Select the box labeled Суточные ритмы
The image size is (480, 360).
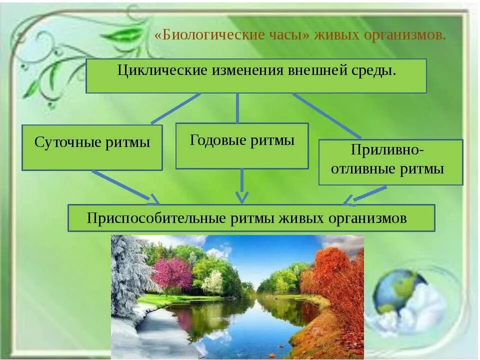[92, 147]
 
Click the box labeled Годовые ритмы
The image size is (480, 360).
[242, 145]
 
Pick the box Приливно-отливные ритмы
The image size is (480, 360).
[390, 162]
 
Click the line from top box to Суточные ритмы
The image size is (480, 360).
[175, 108]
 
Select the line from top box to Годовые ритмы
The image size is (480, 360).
[237, 107]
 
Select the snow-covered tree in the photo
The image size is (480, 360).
[127, 270]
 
